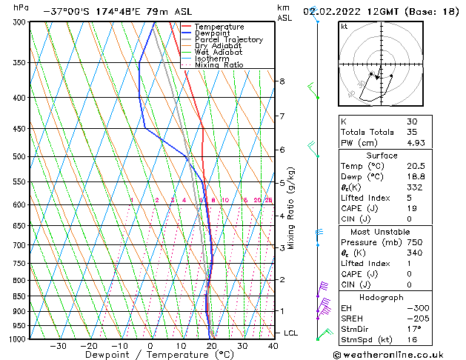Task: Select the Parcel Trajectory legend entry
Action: (x=228, y=40)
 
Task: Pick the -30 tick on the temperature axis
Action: (x=58, y=346)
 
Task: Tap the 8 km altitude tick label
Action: (x=282, y=81)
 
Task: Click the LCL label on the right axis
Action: (x=290, y=333)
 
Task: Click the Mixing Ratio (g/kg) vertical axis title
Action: (x=292, y=208)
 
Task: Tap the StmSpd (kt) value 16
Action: (x=412, y=340)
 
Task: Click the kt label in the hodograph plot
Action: (x=344, y=27)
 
